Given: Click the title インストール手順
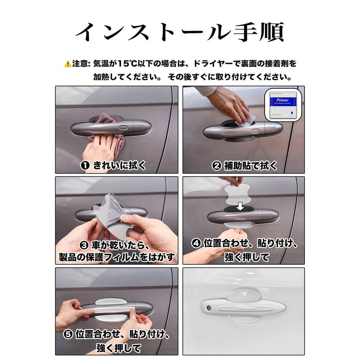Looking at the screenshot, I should [x=180, y=32].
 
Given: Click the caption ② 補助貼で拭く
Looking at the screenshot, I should [x=244, y=166].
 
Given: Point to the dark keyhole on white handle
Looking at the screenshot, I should [x=210, y=307].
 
